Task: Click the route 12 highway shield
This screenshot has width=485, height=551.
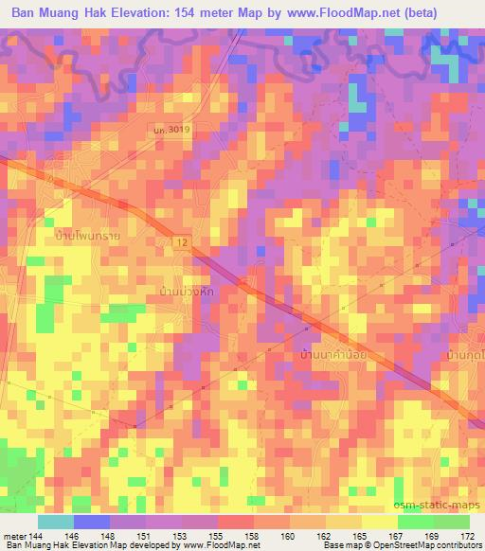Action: coord(180,244)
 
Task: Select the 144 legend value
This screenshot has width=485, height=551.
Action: coord(38,536)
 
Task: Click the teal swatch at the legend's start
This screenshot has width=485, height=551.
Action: coord(55,522)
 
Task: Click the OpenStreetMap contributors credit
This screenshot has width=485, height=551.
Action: coord(433,546)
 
